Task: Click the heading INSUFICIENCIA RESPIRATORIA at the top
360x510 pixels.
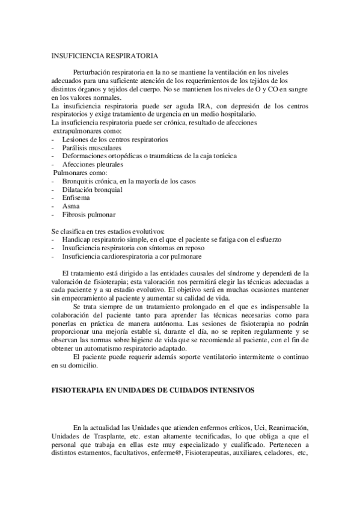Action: tap(105, 57)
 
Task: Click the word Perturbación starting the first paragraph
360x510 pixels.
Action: tap(94, 72)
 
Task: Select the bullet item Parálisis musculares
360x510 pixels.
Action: tap(91, 147)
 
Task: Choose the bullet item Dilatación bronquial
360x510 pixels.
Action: tap(92, 189)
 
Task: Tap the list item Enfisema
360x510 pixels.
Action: tap(76, 198)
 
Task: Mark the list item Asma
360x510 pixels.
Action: tap(71, 206)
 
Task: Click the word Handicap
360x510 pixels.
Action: tap(76, 239)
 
